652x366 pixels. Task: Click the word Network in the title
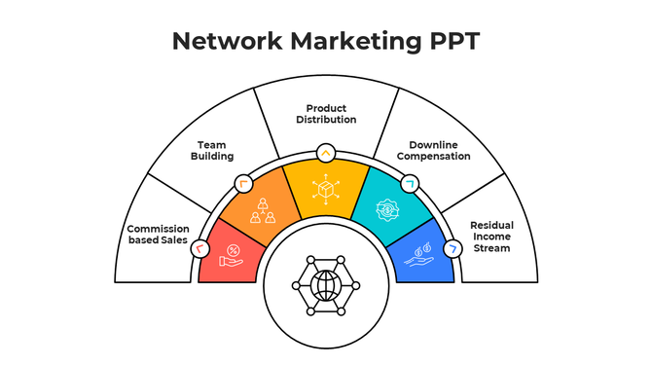pos(225,41)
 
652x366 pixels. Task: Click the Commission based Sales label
pos(157,235)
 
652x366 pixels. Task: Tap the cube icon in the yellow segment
pos(325,192)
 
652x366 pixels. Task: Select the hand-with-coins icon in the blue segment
pos(419,253)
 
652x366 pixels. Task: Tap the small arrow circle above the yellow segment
pos(325,153)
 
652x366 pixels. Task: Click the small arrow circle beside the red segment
pos(199,249)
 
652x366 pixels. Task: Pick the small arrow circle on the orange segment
pos(242,183)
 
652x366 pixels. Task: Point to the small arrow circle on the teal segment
pos(409,183)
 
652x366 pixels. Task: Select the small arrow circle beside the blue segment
pos(453,249)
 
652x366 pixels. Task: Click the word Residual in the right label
pos(491,225)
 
